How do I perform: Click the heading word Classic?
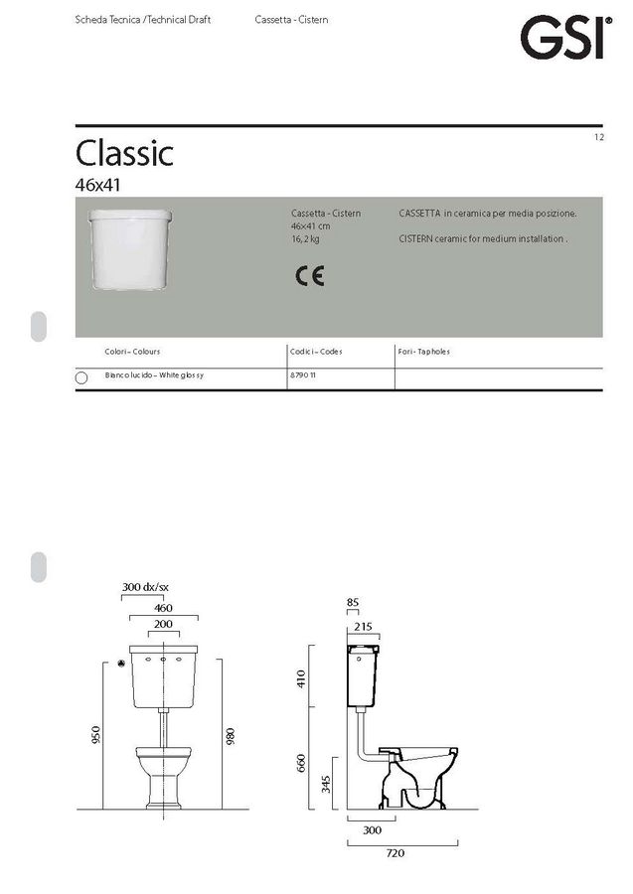click(x=124, y=153)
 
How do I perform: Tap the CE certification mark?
click(x=310, y=276)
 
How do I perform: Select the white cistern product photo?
click(x=130, y=249)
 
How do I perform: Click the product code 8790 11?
click(x=303, y=375)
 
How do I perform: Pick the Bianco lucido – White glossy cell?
click(x=154, y=375)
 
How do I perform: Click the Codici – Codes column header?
click(x=316, y=352)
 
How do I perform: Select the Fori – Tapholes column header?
click(x=423, y=352)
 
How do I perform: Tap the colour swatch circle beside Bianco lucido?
click(x=81, y=378)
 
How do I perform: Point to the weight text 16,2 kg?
click(x=305, y=238)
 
